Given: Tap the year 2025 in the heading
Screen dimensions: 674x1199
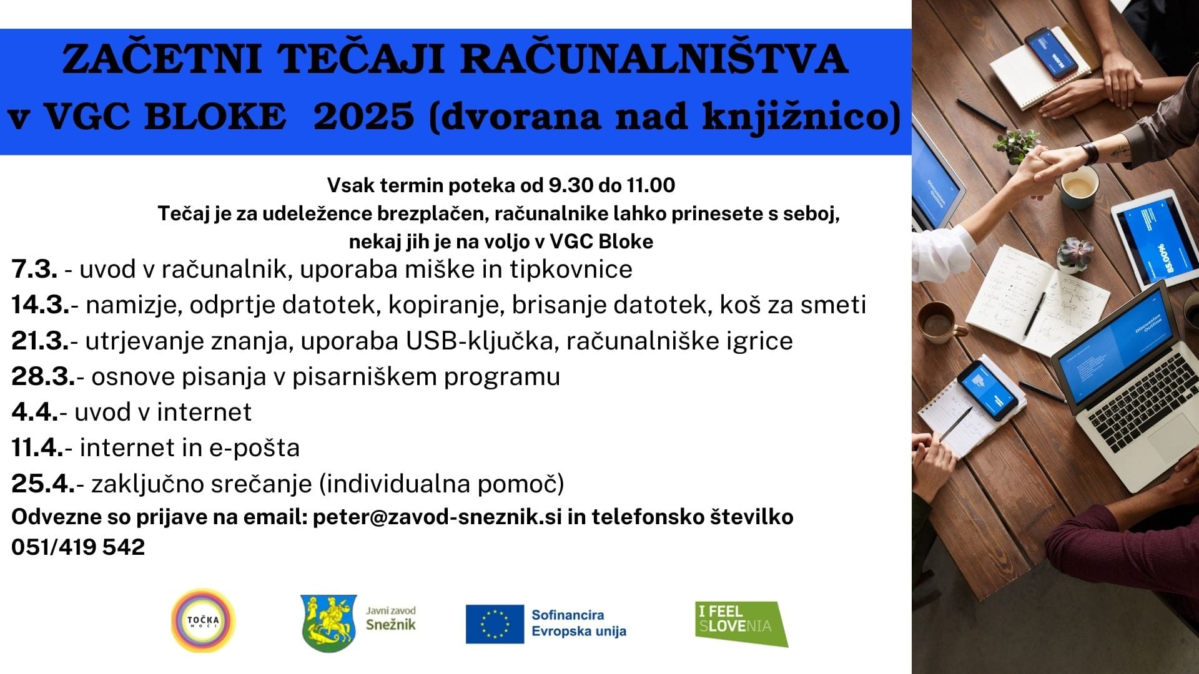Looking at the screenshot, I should (363, 117).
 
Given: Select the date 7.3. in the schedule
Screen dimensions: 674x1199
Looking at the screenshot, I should (34, 270).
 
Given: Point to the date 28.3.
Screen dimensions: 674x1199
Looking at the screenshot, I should (43, 377).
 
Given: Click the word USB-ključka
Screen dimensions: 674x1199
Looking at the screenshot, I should (480, 341).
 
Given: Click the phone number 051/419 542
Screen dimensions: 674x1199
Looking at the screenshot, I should (78, 547).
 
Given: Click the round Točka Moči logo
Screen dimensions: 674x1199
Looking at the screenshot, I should (203, 621).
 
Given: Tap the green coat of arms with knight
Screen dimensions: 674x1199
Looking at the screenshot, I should (328, 622).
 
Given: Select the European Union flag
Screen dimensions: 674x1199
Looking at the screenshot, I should (495, 623).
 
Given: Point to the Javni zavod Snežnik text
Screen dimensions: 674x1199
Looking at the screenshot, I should (390, 618).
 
